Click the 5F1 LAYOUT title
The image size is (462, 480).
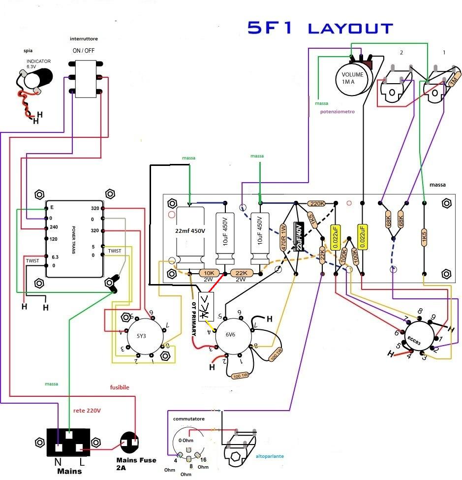[x=320, y=28]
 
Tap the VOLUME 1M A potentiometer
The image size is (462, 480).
[x=353, y=78]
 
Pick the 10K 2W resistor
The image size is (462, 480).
[x=208, y=273]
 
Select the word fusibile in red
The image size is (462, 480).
[x=119, y=387]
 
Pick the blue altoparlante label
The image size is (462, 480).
[x=270, y=456]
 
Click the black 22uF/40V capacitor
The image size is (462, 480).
[x=298, y=236]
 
